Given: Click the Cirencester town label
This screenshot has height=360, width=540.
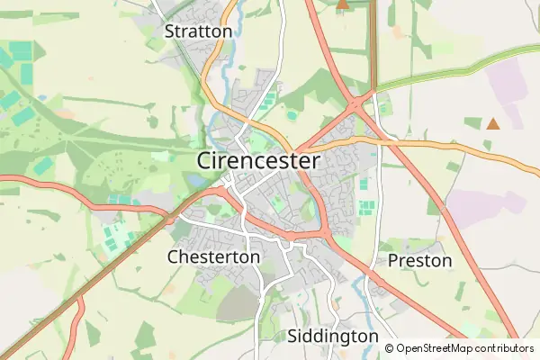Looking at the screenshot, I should click(257, 161).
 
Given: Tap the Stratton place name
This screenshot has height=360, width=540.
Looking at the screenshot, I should click(198, 31).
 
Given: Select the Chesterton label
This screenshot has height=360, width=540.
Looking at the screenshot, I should click(213, 256).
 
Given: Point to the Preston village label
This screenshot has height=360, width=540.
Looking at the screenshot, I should click(419, 261).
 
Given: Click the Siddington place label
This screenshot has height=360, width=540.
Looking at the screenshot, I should click(333, 336).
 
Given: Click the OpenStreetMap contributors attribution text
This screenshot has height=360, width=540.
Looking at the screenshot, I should click(464, 348).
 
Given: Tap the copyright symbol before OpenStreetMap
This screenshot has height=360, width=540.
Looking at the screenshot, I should click(390, 348).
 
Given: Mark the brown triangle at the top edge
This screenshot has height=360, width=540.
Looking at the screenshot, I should click(342, 4).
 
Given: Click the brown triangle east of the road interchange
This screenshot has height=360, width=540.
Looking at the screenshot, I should click(492, 123).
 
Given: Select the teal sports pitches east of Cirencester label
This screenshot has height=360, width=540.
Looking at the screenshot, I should click(365, 207).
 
